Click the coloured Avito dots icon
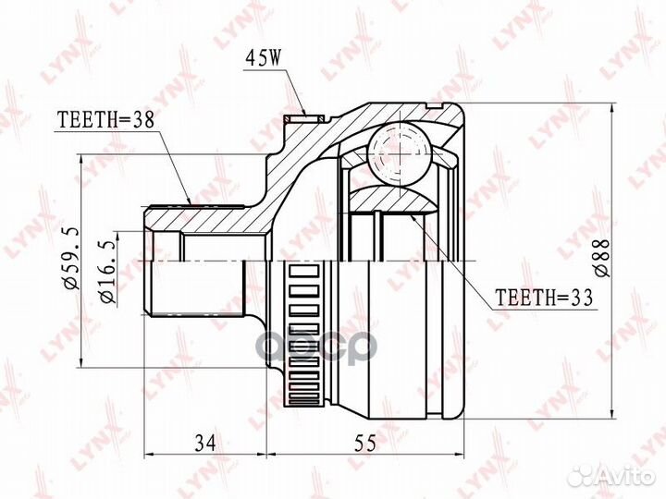point(584,474)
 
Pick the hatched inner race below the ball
point(398,199)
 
